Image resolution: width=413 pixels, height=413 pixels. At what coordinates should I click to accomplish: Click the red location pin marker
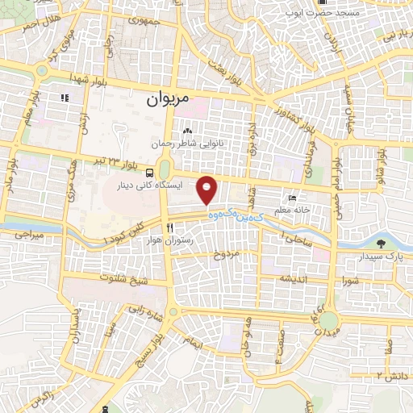tap(207, 190)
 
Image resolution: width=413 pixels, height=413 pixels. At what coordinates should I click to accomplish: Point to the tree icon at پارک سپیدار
tap(382, 244)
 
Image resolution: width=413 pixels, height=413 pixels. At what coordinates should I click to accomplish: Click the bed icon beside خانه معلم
tap(292, 198)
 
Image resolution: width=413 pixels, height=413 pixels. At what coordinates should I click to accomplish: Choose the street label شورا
tap(349, 282)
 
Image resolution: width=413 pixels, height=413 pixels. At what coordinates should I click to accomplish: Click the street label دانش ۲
tap(388, 377)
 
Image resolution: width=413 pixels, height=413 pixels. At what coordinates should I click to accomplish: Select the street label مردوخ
tap(227, 256)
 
